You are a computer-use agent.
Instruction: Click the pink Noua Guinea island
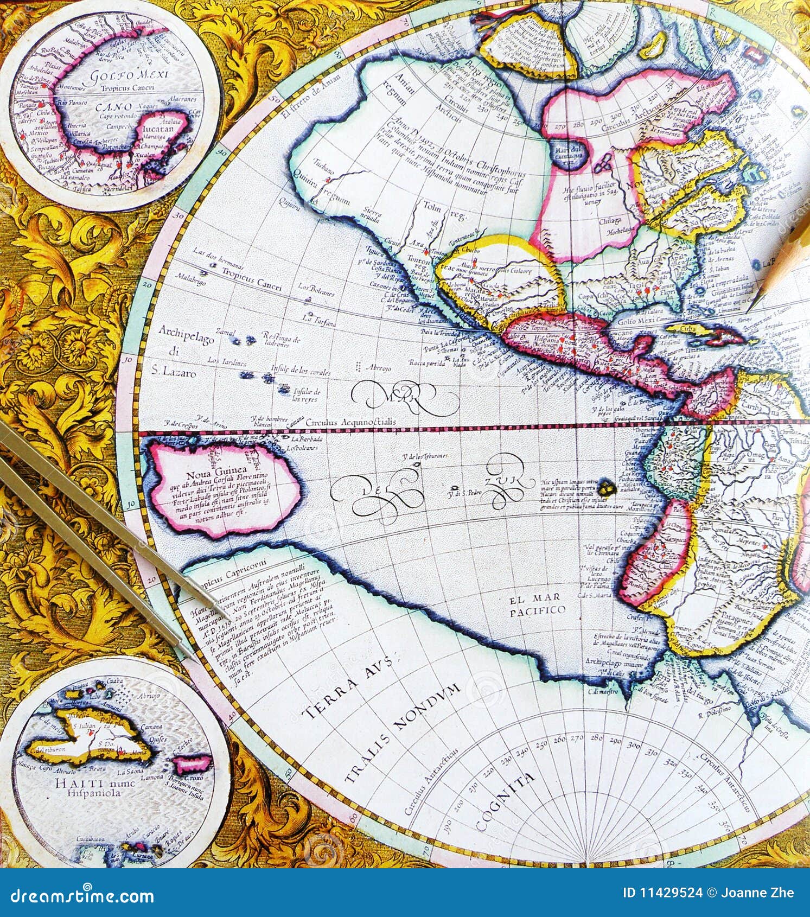point(222,486)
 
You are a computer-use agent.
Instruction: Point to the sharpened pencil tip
point(751,308)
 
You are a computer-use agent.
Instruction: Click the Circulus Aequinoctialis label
point(350,422)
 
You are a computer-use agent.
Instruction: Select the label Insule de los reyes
point(307,395)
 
